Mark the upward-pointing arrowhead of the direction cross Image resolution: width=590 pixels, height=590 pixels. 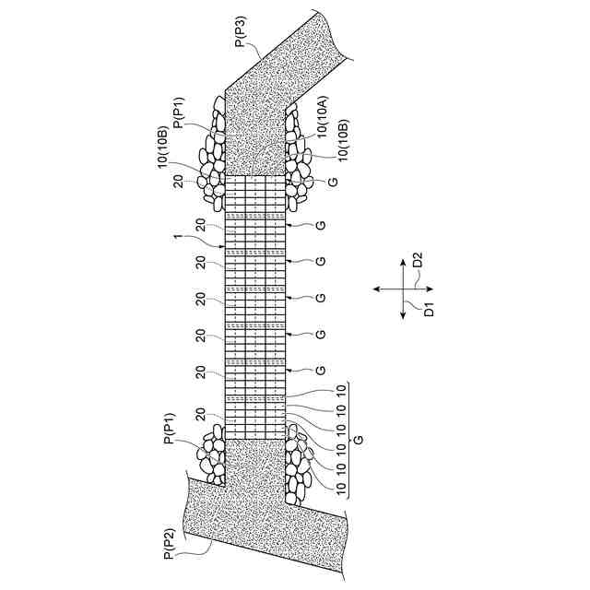[x=403, y=261]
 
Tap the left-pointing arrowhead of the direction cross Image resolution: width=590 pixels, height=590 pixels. [x=376, y=290]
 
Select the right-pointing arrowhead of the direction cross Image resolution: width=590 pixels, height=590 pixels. [x=431, y=290]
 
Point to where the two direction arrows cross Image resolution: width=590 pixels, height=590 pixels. [x=403, y=290]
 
